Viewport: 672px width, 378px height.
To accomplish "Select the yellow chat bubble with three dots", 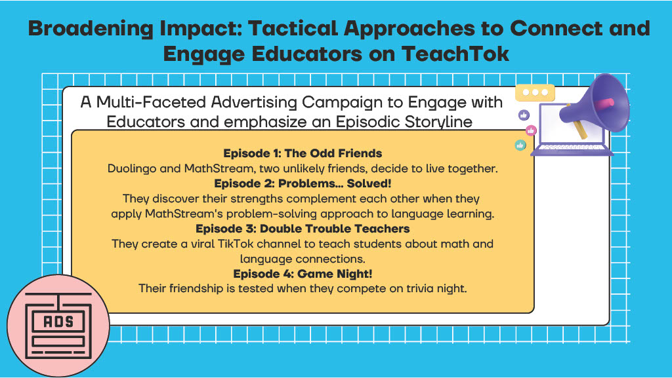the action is (x=535, y=92).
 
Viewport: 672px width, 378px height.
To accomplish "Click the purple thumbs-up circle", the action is (x=524, y=115).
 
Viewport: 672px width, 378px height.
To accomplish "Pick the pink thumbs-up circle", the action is (x=531, y=130).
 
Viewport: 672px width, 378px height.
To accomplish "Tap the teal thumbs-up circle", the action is (x=520, y=145).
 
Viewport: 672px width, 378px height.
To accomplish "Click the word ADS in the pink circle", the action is (x=58, y=322).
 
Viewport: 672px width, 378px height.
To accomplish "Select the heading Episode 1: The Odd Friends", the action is (x=303, y=153).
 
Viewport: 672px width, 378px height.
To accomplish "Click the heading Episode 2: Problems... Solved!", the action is (x=303, y=183).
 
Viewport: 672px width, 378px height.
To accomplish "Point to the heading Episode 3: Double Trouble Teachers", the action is (x=303, y=229).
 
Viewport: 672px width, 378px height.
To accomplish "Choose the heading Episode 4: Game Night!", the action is (x=303, y=274).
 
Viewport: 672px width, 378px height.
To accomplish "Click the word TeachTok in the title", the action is (x=455, y=54).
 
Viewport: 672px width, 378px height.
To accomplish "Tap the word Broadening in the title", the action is (x=91, y=29).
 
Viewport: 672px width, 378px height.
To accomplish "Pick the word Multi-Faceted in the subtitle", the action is (x=152, y=102).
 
